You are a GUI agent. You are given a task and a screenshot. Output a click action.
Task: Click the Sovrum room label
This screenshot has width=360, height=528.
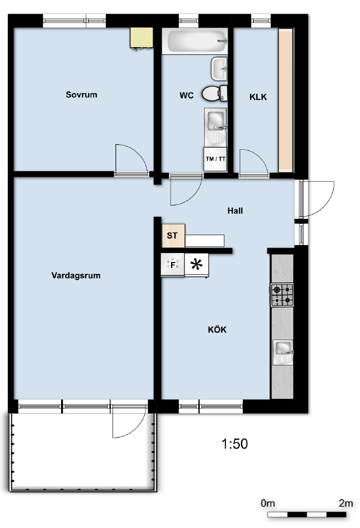81,95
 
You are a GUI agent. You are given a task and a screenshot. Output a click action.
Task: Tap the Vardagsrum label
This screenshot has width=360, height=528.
76,276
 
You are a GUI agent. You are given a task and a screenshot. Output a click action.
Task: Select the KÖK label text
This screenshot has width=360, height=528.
218,330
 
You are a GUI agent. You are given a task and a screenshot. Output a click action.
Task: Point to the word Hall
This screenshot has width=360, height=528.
235,211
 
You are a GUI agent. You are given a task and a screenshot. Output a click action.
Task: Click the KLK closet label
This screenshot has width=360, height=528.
258,97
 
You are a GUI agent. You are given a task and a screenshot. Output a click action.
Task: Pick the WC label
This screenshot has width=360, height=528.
186,95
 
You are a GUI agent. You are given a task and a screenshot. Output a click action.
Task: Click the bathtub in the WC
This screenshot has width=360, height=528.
195,41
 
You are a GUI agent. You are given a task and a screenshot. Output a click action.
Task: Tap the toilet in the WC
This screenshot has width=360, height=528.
214,93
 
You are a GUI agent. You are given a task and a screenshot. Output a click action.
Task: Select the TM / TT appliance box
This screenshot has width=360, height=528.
215,159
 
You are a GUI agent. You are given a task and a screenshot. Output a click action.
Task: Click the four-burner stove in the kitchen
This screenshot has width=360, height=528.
282,295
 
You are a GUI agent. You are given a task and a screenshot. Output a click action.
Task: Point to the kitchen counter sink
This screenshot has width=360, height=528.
283,352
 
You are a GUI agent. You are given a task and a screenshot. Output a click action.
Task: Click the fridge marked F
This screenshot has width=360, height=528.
173,265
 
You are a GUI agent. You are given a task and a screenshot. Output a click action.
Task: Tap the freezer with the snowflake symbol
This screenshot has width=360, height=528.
196,265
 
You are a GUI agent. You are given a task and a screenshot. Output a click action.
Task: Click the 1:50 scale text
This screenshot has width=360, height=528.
234,444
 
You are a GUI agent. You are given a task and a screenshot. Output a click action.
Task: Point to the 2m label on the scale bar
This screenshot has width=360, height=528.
346,503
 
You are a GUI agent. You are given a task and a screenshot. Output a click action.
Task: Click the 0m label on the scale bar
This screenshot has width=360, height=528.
268,503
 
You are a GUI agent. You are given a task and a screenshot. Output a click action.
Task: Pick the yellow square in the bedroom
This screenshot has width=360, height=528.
142,38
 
